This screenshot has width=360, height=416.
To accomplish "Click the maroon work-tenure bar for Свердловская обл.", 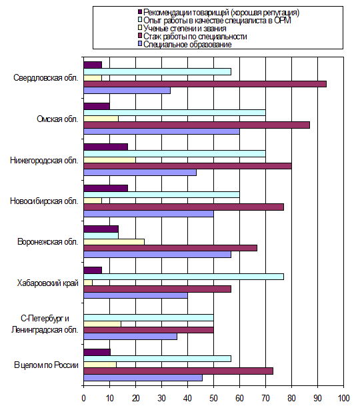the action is [205, 84].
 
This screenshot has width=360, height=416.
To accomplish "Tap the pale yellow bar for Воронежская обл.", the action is [114, 242].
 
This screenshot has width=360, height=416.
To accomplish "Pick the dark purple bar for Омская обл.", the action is [97, 106].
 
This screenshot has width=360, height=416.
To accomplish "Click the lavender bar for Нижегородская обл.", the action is [140, 173].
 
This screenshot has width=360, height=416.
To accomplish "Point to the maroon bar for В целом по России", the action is [178, 371].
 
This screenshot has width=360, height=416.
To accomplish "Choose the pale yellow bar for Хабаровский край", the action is [88, 283].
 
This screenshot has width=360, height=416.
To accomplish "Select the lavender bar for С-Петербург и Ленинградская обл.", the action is [130, 337].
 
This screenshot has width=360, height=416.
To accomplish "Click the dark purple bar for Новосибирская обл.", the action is [105, 189].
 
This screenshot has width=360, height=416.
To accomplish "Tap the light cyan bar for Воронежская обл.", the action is [101, 235].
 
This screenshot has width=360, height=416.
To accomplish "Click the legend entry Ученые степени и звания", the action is [185, 29].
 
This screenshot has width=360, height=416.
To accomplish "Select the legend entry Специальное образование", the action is [187, 44].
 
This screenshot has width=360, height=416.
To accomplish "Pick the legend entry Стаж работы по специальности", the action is [195, 37].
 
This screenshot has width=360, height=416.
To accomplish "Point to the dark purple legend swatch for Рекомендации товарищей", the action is [140, 12].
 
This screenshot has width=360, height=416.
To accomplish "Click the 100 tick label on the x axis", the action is [343, 398].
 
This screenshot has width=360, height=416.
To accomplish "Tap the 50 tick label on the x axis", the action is [213, 398].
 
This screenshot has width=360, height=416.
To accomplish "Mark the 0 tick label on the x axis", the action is [84, 398].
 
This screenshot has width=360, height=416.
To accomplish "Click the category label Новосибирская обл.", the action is [44, 201].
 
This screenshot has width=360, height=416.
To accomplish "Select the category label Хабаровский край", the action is [48, 283].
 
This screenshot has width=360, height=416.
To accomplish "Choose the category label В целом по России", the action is [46, 365].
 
